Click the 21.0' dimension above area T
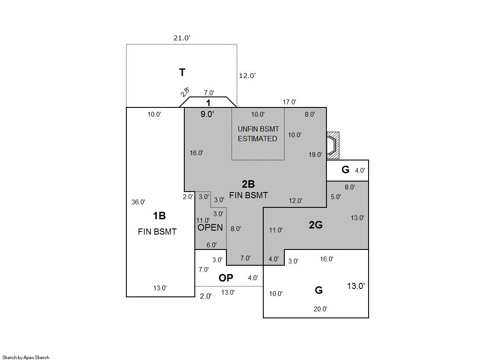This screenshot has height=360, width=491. click(182, 38)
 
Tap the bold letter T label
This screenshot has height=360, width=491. click(182, 72)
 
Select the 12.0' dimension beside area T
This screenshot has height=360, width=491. click(247, 75)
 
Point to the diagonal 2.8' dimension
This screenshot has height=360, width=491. click(185, 92)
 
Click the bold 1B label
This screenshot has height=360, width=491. click(159, 216)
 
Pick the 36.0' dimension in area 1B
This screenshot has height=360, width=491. click(138, 202)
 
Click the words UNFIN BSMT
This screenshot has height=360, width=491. click(258, 129)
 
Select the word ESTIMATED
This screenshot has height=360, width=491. click(258, 139)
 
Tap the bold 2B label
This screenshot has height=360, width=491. click(248, 184)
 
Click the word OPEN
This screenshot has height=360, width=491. click(210, 228)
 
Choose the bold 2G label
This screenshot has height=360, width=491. click(315, 225)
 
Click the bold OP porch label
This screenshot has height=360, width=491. click(226, 278)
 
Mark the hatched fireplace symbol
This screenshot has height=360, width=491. click(333, 145)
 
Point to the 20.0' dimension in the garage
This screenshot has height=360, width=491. click(320, 309)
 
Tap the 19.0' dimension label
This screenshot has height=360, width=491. click(315, 155)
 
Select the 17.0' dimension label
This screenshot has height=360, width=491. click(289, 102)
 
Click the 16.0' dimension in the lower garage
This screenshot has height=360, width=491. click(326, 259)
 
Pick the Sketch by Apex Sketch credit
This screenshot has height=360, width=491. click(26, 357)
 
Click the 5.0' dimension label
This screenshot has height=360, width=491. click(336, 197)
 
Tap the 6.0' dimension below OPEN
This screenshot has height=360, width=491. click(211, 245)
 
